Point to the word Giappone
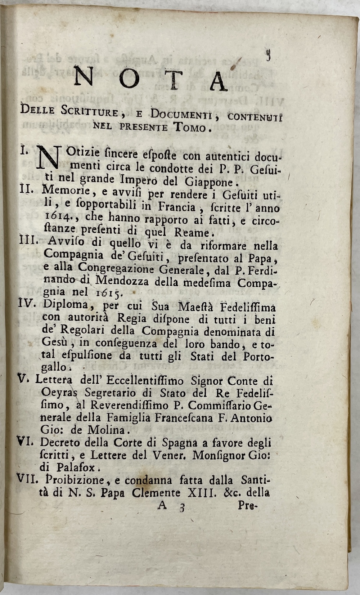pos(210,181)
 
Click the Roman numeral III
pos(27,245)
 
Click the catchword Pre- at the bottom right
pos(247,505)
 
